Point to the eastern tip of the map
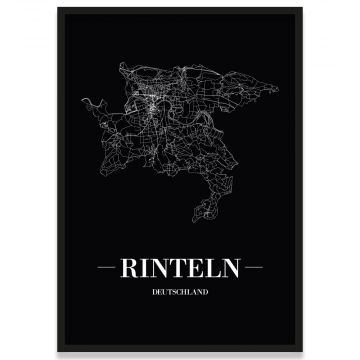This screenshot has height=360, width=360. pyautogui.click(x=274, y=110)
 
